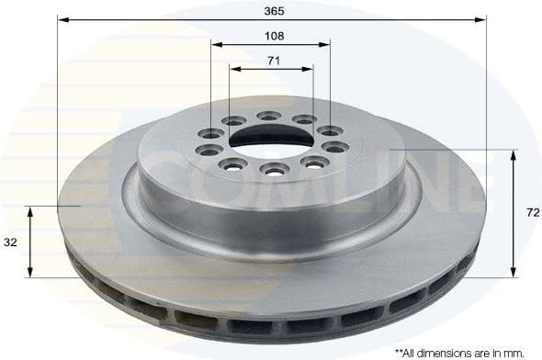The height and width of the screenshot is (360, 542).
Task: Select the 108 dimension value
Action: pos(272,36)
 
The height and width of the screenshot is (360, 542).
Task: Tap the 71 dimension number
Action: pos(272,61)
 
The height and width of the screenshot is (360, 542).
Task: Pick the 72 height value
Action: pos(529,211)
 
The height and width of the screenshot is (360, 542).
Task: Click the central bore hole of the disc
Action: pos(267,138)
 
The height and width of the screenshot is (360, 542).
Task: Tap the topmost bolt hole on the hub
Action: pos(268,116)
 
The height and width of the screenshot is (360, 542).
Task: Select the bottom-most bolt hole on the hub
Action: pos(272,168)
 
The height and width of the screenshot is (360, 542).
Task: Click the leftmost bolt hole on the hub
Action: pos(203,150)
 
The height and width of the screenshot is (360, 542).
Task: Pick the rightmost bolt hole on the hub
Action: pos(334,146)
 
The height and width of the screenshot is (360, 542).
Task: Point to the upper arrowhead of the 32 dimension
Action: pos(31,211)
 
